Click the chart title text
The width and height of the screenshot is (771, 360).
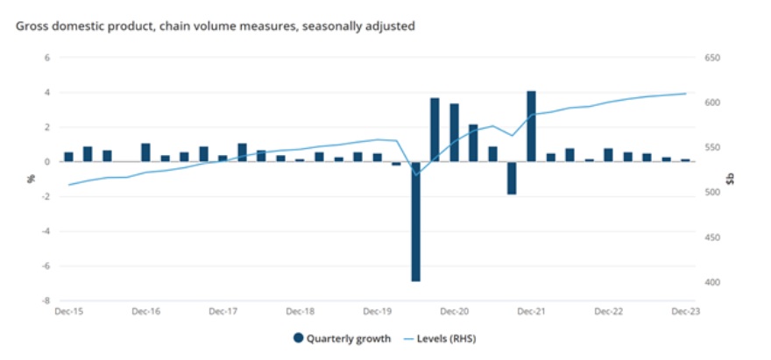pos(216,26)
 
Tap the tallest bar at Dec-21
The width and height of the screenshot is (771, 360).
pos(531,126)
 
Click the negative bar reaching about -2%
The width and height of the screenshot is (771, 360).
pos(512,178)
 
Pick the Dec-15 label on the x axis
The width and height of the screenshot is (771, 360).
pos(67,312)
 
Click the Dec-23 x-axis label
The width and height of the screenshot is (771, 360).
pos(685,312)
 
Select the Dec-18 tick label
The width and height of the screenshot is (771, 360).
pos(300,312)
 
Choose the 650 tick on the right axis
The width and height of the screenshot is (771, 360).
pos(712,58)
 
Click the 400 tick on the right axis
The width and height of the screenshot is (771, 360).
pos(712,283)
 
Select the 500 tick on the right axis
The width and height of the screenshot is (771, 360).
pos(712,193)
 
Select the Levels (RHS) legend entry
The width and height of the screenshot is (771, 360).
pos(442,338)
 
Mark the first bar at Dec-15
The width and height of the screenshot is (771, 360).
pos(68,157)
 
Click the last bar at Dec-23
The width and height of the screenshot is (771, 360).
pos(685,160)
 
